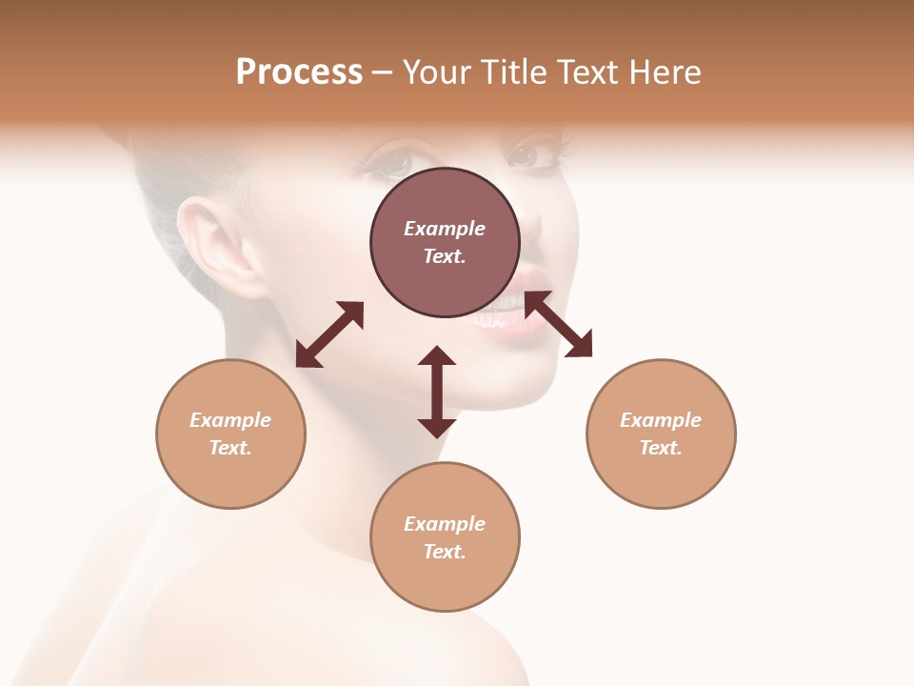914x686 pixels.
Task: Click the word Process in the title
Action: point(299,72)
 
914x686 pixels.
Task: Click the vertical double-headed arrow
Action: point(437,392)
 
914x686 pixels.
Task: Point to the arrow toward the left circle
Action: point(329,334)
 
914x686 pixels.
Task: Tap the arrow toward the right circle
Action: point(559,324)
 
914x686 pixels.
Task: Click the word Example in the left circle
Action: point(230,420)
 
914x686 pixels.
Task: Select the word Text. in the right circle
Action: point(661,448)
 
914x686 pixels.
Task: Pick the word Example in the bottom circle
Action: point(445,524)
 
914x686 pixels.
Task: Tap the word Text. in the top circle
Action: point(445,256)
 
